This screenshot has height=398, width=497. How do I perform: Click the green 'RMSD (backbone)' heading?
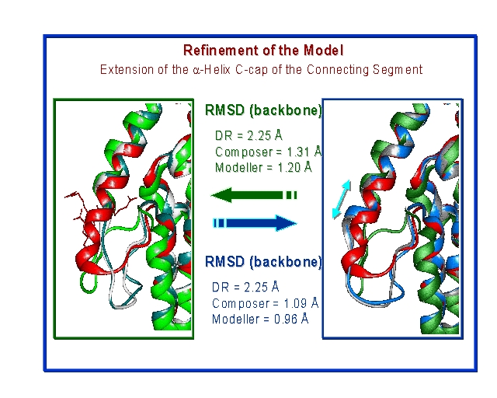pyautogui.click(x=262, y=110)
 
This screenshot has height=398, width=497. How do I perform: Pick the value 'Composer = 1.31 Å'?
pyautogui.click(x=268, y=152)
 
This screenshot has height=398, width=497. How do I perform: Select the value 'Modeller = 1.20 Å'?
pyautogui.click(x=264, y=166)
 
